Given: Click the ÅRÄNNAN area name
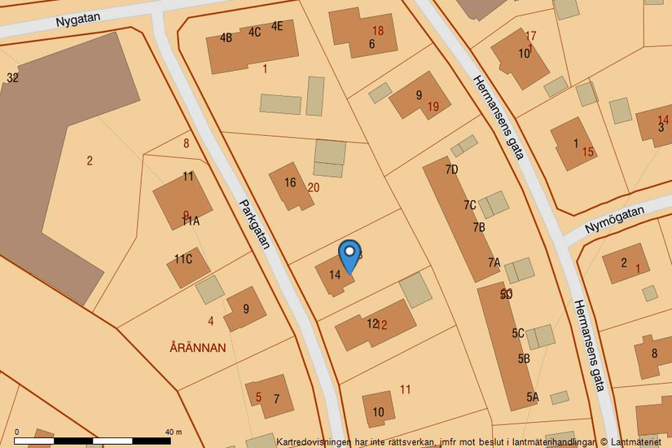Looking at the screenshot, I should pos(198,348).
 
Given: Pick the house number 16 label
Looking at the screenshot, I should pos(290,182).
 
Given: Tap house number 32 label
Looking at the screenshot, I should pos(12,78).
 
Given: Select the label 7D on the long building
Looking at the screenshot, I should pos(452,169).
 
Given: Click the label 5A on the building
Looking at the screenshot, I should pos(533,397).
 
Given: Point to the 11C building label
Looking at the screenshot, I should pos(182,260).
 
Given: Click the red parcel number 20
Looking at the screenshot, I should pos(314,187).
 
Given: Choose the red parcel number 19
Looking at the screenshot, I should pos(433,107).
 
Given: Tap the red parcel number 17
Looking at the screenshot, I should pos(531,36).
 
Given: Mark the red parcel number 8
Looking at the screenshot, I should pos(186,143).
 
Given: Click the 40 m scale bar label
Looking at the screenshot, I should pos(173,432).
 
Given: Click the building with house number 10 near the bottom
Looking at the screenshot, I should pos(378,408).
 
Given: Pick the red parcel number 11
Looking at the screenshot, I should pos(405,389).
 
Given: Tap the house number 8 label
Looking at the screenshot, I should pos(654,354).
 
